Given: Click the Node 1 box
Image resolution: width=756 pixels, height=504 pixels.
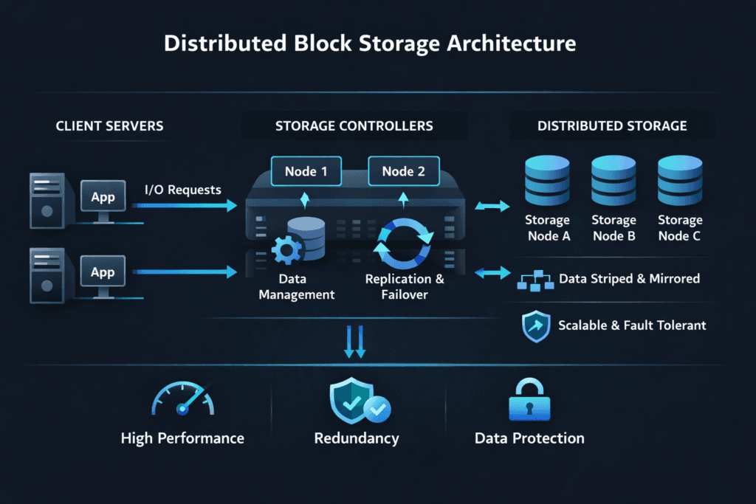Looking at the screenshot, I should pos(306,172).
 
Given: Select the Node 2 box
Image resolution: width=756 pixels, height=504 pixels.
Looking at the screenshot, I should pos(403,172).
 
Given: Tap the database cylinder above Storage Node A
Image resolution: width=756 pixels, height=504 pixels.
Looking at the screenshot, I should pos(547,182).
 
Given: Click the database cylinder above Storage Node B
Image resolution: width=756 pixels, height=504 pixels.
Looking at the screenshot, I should pos(614,182).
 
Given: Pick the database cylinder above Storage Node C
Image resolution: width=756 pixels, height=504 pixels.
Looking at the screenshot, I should pos(680,182).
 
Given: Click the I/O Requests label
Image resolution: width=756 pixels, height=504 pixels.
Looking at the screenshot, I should pos(182,190).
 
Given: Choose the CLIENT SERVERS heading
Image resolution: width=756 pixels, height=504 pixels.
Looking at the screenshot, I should pos(109,126).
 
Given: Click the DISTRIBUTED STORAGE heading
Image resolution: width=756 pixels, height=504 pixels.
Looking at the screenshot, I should pos(612,126).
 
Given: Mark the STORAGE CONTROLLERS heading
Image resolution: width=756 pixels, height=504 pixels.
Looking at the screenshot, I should pos(354,126).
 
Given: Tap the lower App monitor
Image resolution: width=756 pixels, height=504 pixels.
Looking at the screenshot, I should pos(103,273).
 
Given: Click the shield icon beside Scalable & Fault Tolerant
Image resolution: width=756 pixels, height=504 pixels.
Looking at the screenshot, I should pos(536,325).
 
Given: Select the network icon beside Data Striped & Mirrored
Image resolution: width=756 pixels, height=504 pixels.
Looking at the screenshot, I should pos(536,280).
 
